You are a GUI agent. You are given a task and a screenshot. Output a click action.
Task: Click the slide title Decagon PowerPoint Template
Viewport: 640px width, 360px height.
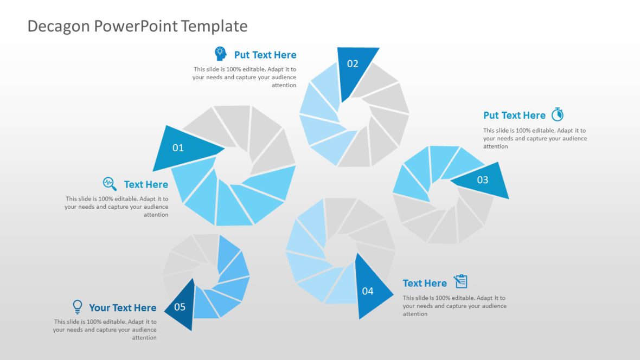(x=137, y=26)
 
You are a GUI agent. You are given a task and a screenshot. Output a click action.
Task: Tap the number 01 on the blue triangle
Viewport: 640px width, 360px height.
(x=178, y=147)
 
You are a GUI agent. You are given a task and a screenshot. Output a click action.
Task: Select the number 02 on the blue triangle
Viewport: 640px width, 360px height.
(x=353, y=63)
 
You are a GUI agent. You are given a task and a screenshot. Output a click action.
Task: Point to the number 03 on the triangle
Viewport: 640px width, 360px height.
(x=482, y=180)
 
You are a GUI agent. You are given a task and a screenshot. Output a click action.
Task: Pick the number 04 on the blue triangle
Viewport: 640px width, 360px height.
(x=368, y=291)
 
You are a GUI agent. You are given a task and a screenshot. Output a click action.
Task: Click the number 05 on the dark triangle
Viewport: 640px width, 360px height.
(x=180, y=307)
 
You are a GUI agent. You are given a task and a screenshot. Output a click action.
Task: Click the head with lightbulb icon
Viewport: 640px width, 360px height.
(x=220, y=54)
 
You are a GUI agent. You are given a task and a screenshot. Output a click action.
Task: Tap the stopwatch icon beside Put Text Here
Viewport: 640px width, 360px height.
(x=558, y=114)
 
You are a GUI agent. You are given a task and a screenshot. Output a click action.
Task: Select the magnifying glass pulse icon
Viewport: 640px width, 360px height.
(x=110, y=183)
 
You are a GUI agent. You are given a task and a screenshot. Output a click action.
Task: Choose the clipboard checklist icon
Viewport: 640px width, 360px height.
(x=460, y=281)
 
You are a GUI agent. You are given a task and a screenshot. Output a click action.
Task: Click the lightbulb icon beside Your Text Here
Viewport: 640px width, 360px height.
(x=78, y=307)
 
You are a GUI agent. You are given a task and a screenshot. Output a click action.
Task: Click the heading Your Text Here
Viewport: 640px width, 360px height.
(x=123, y=308)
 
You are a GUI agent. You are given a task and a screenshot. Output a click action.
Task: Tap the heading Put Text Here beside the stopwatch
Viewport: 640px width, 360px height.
(x=514, y=115)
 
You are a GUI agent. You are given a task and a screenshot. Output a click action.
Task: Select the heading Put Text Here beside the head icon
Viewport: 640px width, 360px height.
(x=265, y=55)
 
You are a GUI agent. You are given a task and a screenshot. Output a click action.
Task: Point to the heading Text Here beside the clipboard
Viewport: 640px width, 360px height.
(x=425, y=283)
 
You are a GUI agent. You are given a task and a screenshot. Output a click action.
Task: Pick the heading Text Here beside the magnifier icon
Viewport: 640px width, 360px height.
(x=146, y=184)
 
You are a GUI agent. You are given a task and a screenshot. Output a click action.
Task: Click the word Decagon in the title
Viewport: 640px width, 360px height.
(x=59, y=26)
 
